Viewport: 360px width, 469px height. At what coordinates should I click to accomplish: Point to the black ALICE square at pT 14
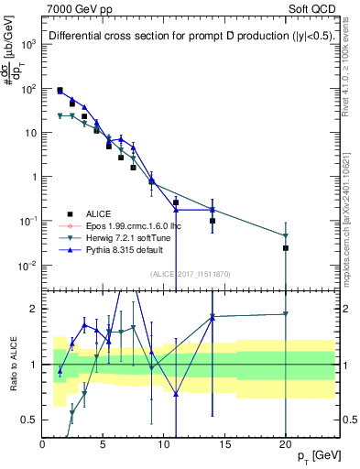213,221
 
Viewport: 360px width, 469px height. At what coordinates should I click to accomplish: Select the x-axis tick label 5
104,444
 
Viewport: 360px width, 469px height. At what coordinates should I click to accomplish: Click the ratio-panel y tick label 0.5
29,420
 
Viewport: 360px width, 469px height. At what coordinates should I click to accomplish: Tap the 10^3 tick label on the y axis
27,44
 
